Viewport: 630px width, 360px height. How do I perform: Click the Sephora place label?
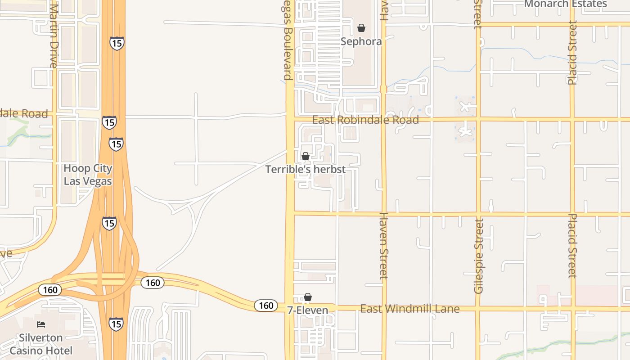pyautogui.click(x=361, y=41)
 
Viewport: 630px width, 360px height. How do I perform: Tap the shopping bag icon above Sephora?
pyautogui.click(x=361, y=28)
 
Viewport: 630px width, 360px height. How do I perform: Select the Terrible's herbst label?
pyautogui.click(x=306, y=169)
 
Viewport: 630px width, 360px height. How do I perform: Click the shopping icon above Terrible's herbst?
pyautogui.click(x=306, y=156)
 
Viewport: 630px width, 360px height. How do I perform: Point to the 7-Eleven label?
pyautogui.click(x=308, y=310)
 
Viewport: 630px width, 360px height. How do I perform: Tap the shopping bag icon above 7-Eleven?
pyautogui.click(x=308, y=297)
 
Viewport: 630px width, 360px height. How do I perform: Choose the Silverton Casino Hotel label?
pyautogui.click(x=41, y=344)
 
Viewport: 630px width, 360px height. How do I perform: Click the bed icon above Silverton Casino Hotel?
pyautogui.click(x=41, y=324)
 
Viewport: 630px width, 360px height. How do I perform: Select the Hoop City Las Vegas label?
pyautogui.click(x=88, y=175)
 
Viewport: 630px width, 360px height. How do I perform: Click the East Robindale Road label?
pyautogui.click(x=365, y=120)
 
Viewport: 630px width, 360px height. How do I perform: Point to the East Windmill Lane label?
pyautogui.click(x=410, y=309)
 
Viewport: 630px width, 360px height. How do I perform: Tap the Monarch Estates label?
pyautogui.click(x=566, y=4)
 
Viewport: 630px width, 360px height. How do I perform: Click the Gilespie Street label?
pyautogui.click(x=478, y=256)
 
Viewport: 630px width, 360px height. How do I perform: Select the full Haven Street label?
pyautogui.click(x=383, y=246)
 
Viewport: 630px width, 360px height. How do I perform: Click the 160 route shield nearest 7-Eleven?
pyautogui.click(x=266, y=306)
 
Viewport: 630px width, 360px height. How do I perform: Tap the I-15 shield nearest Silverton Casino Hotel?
pyautogui.click(x=116, y=324)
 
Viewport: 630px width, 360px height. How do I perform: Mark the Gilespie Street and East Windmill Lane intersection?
pyautogui.click(x=478, y=309)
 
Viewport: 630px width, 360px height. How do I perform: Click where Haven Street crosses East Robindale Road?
pyautogui.click(x=383, y=120)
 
